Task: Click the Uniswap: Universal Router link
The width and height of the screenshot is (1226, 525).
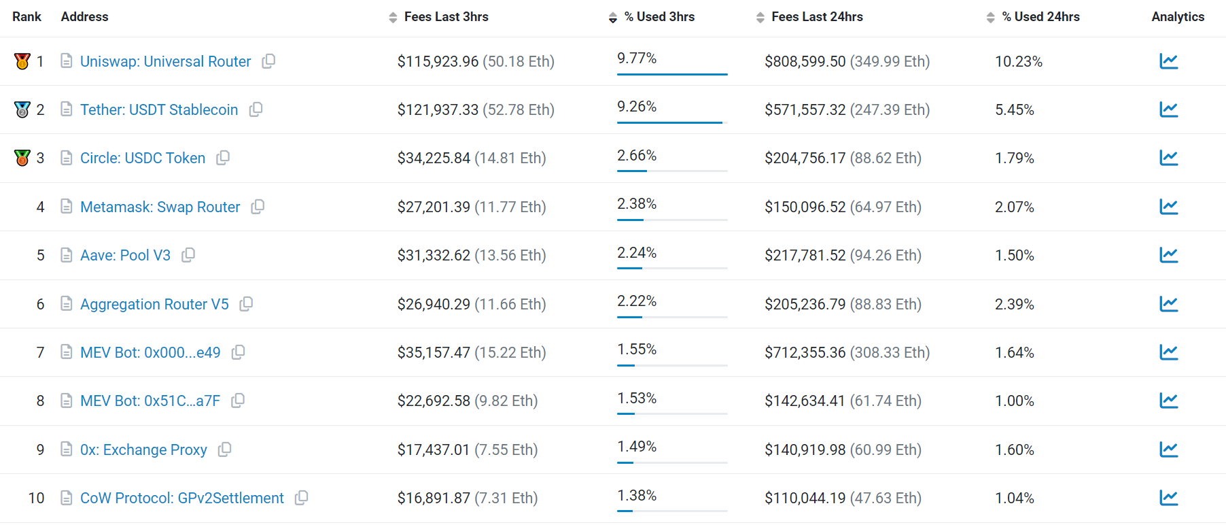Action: point(165,61)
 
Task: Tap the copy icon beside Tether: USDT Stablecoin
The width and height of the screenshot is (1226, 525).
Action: point(256,109)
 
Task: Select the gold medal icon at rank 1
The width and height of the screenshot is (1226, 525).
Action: point(22,61)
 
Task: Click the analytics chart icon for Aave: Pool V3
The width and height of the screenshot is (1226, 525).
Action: point(1168,255)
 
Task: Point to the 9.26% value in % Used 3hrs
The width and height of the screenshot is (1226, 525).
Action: point(637,107)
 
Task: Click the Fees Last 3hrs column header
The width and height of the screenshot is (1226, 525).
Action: point(446,17)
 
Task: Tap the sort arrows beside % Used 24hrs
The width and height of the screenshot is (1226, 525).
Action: point(991,18)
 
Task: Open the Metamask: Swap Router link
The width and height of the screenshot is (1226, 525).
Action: point(160,207)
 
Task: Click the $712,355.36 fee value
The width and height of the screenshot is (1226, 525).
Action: point(805,352)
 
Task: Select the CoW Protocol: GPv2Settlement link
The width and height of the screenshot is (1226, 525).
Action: point(181,498)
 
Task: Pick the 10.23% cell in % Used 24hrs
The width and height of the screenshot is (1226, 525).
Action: point(1018,61)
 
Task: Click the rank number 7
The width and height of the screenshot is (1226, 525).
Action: point(41,352)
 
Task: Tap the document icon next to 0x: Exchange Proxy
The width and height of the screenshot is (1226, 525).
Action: point(67,450)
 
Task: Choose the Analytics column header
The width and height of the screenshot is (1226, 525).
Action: point(1178,17)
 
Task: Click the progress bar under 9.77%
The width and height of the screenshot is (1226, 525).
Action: point(671,73)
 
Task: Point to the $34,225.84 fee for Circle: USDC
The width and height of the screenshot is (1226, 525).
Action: point(434,158)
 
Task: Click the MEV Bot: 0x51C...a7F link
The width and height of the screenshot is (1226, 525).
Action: point(150,401)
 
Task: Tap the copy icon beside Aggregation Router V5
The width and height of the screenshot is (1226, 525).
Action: point(247,304)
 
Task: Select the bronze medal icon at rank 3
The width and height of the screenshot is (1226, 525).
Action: point(22,158)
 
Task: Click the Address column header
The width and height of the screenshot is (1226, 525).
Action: point(84,17)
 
